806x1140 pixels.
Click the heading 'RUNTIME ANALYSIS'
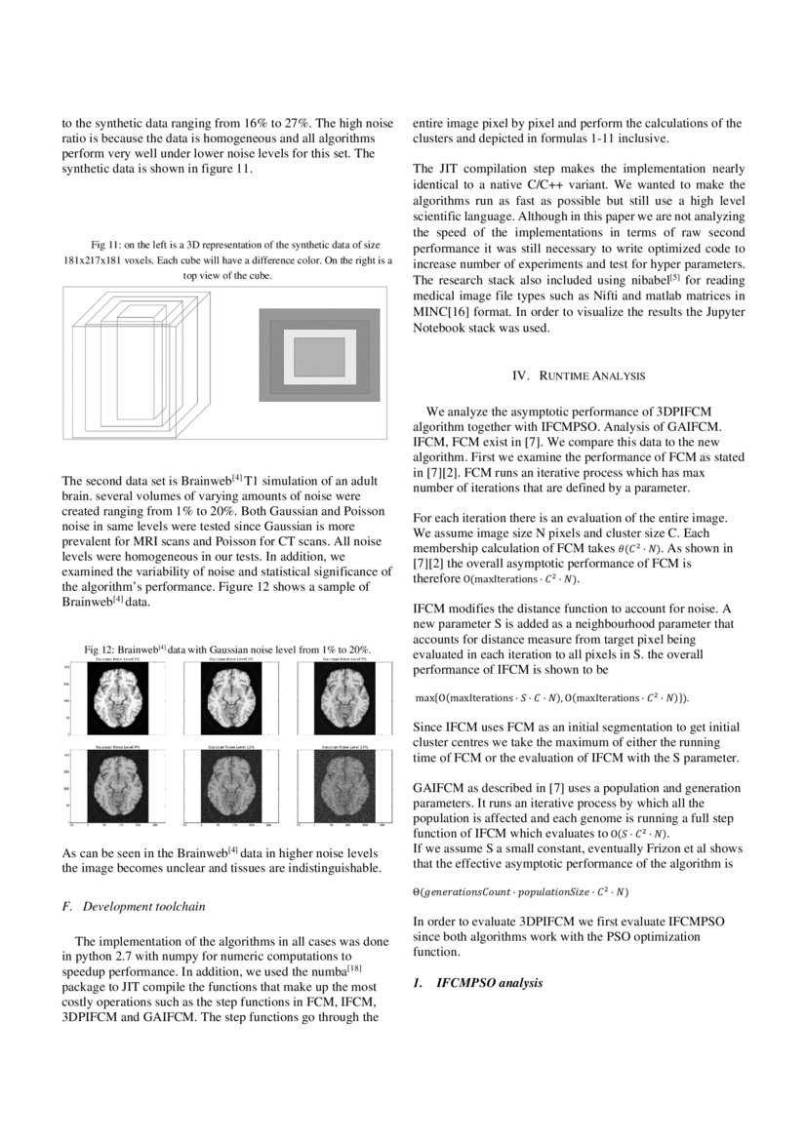(x=578, y=374)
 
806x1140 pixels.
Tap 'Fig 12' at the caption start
(x=101, y=649)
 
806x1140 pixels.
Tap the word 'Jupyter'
(x=718, y=312)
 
